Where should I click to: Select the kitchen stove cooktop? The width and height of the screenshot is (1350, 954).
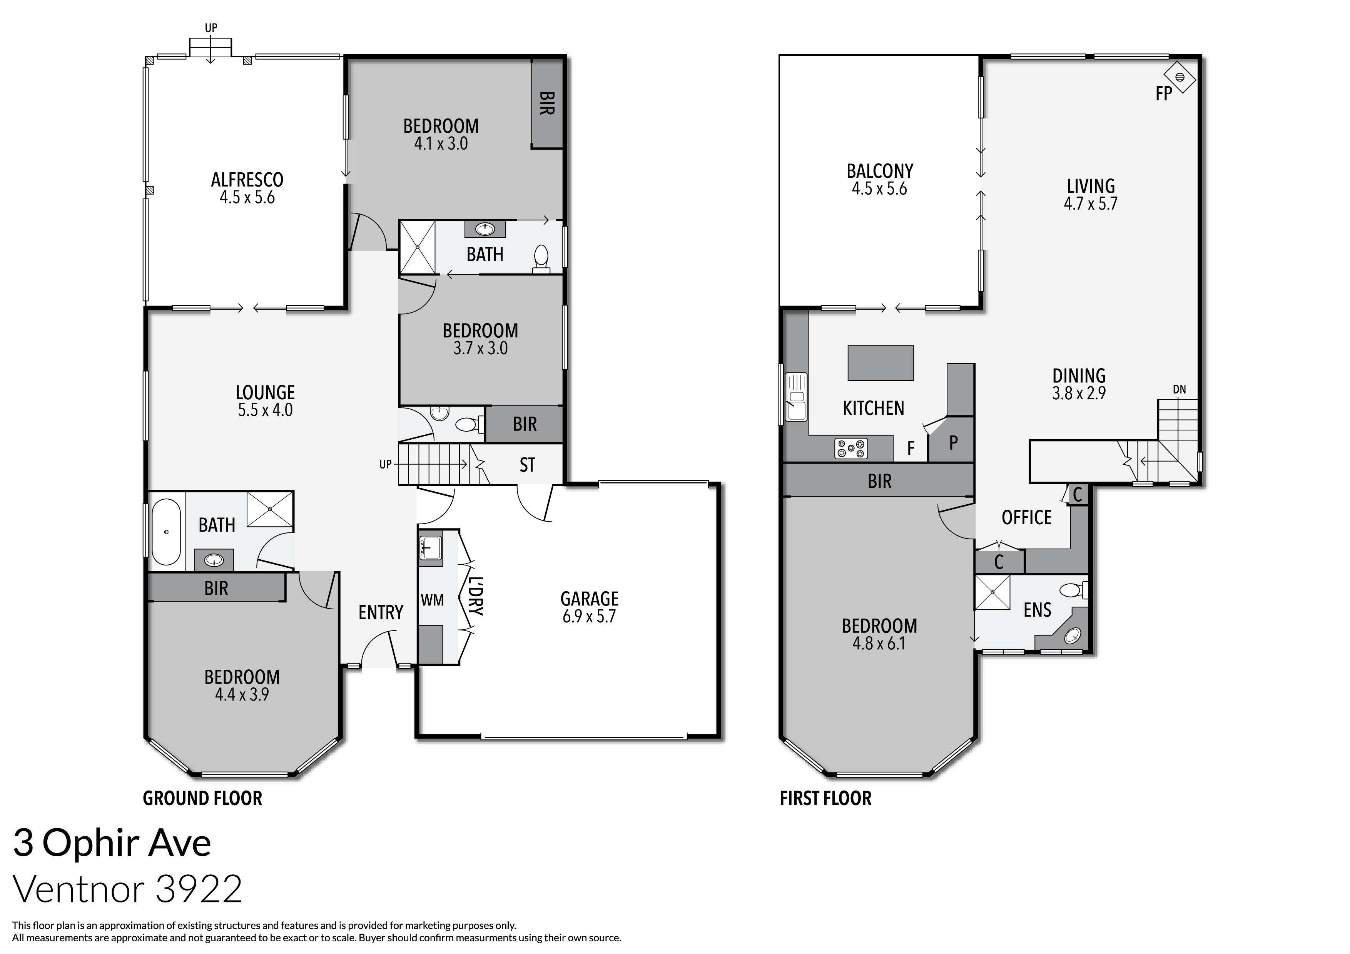pos(851,449)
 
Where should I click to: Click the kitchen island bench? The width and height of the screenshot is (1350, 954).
pos(880,363)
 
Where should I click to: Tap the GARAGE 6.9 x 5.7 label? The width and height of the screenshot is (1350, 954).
pos(589,607)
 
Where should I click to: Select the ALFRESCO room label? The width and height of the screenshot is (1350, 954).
pos(247,179)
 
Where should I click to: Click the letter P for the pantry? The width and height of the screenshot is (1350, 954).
pos(953,442)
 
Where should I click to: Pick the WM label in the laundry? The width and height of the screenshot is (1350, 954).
pos(432,600)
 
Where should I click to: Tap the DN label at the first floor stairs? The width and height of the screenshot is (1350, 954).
pos(1179,389)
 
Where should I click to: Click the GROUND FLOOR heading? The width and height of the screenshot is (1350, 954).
pos(202,798)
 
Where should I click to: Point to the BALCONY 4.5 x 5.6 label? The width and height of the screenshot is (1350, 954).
pos(880,179)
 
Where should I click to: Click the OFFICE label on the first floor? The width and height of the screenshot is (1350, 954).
pos(1026,517)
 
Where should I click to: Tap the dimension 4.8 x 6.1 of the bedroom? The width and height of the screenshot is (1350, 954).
pos(879,644)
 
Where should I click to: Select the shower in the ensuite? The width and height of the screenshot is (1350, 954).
pos(992,592)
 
